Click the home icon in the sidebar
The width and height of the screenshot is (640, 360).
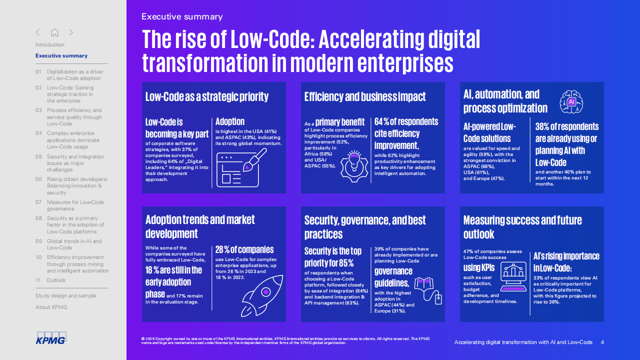coord(54,32)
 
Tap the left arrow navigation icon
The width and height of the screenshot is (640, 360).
coord(37,32)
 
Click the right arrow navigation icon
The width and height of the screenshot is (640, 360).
coord(71,32)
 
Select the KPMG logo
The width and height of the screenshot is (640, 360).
coord(51,338)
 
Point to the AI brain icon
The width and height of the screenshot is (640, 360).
coord(571,102)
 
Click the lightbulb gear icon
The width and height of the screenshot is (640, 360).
coord(354,166)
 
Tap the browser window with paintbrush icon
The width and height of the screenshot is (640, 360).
coord(241,167)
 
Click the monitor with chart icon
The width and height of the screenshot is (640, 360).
coord(513,276)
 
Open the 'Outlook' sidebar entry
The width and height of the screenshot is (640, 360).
coord(56,280)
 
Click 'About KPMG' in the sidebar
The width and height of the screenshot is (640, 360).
coord(51,307)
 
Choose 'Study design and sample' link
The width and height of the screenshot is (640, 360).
coord(65,295)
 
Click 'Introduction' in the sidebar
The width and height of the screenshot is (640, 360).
coord(50,44)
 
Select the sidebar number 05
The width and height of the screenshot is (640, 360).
coord(38,156)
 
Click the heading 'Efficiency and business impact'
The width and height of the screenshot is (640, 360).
coord(365,97)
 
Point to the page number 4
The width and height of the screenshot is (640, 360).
coord(602,342)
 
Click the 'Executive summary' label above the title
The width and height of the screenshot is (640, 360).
coord(182,16)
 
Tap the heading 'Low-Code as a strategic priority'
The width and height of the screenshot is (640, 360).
coord(207,96)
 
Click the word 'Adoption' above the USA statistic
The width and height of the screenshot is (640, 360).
coord(230,121)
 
